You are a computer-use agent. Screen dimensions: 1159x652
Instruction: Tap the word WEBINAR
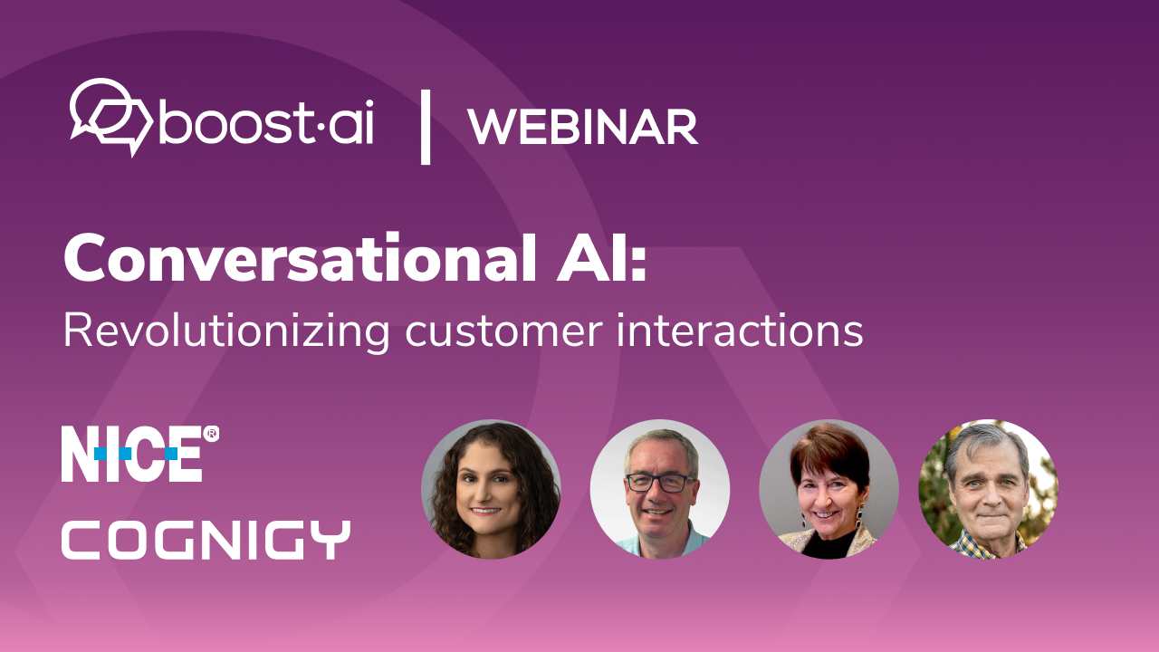coord(583,127)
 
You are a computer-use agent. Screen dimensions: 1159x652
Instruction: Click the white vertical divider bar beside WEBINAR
coord(426,127)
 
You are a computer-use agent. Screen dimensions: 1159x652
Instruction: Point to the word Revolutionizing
coord(226,332)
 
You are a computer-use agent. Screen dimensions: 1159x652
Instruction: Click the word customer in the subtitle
coord(504,332)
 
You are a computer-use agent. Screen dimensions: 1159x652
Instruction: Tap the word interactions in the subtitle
coord(740,331)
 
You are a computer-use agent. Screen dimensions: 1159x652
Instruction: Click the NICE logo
coord(139,454)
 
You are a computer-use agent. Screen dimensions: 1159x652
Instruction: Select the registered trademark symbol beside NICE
coord(211,434)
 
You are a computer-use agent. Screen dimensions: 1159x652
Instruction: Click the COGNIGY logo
coord(206,540)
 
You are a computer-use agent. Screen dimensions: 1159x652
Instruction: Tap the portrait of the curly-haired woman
coord(491,489)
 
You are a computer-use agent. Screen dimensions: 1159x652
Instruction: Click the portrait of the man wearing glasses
coord(660,489)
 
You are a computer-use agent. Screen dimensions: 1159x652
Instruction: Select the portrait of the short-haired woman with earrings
coord(829,489)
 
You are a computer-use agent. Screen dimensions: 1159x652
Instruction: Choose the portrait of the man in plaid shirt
coord(988,489)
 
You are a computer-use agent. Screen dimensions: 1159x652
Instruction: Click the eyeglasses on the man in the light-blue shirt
coord(660,484)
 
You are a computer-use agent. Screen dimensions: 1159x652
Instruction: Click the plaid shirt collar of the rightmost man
coord(987,545)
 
